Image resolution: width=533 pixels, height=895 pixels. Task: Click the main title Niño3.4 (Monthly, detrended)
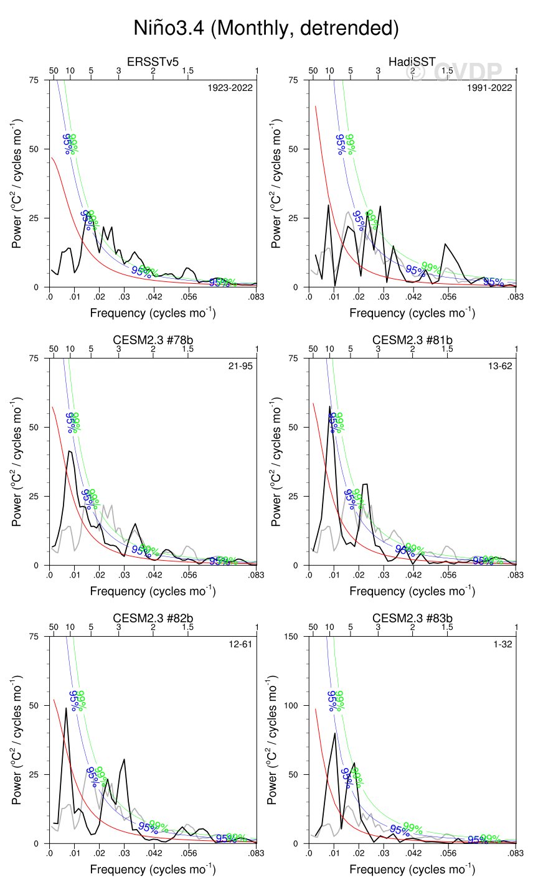pyautogui.click(x=266, y=28)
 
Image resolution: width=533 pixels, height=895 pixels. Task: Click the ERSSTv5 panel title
pyautogui.click(x=153, y=62)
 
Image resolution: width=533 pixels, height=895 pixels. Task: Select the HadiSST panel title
pyautogui.click(x=412, y=62)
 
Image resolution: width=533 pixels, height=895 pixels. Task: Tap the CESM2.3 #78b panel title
pyautogui.click(x=153, y=340)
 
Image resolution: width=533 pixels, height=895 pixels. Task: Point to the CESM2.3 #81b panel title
pyautogui.click(x=412, y=340)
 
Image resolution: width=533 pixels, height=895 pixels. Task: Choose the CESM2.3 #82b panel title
pyautogui.click(x=153, y=618)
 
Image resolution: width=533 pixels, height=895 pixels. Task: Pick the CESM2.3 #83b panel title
pyautogui.click(x=412, y=618)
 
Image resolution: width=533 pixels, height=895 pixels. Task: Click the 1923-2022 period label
pyautogui.click(x=230, y=88)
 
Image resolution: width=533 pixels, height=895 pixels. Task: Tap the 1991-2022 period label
pyautogui.click(x=490, y=88)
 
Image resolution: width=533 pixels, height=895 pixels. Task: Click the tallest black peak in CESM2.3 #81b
pyautogui.click(x=330, y=406)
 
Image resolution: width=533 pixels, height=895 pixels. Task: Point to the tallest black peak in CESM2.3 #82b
pyautogui.click(x=66, y=708)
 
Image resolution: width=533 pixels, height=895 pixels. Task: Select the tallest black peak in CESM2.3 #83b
pyautogui.click(x=335, y=733)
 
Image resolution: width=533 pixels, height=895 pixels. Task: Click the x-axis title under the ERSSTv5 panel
pyautogui.click(x=153, y=312)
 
